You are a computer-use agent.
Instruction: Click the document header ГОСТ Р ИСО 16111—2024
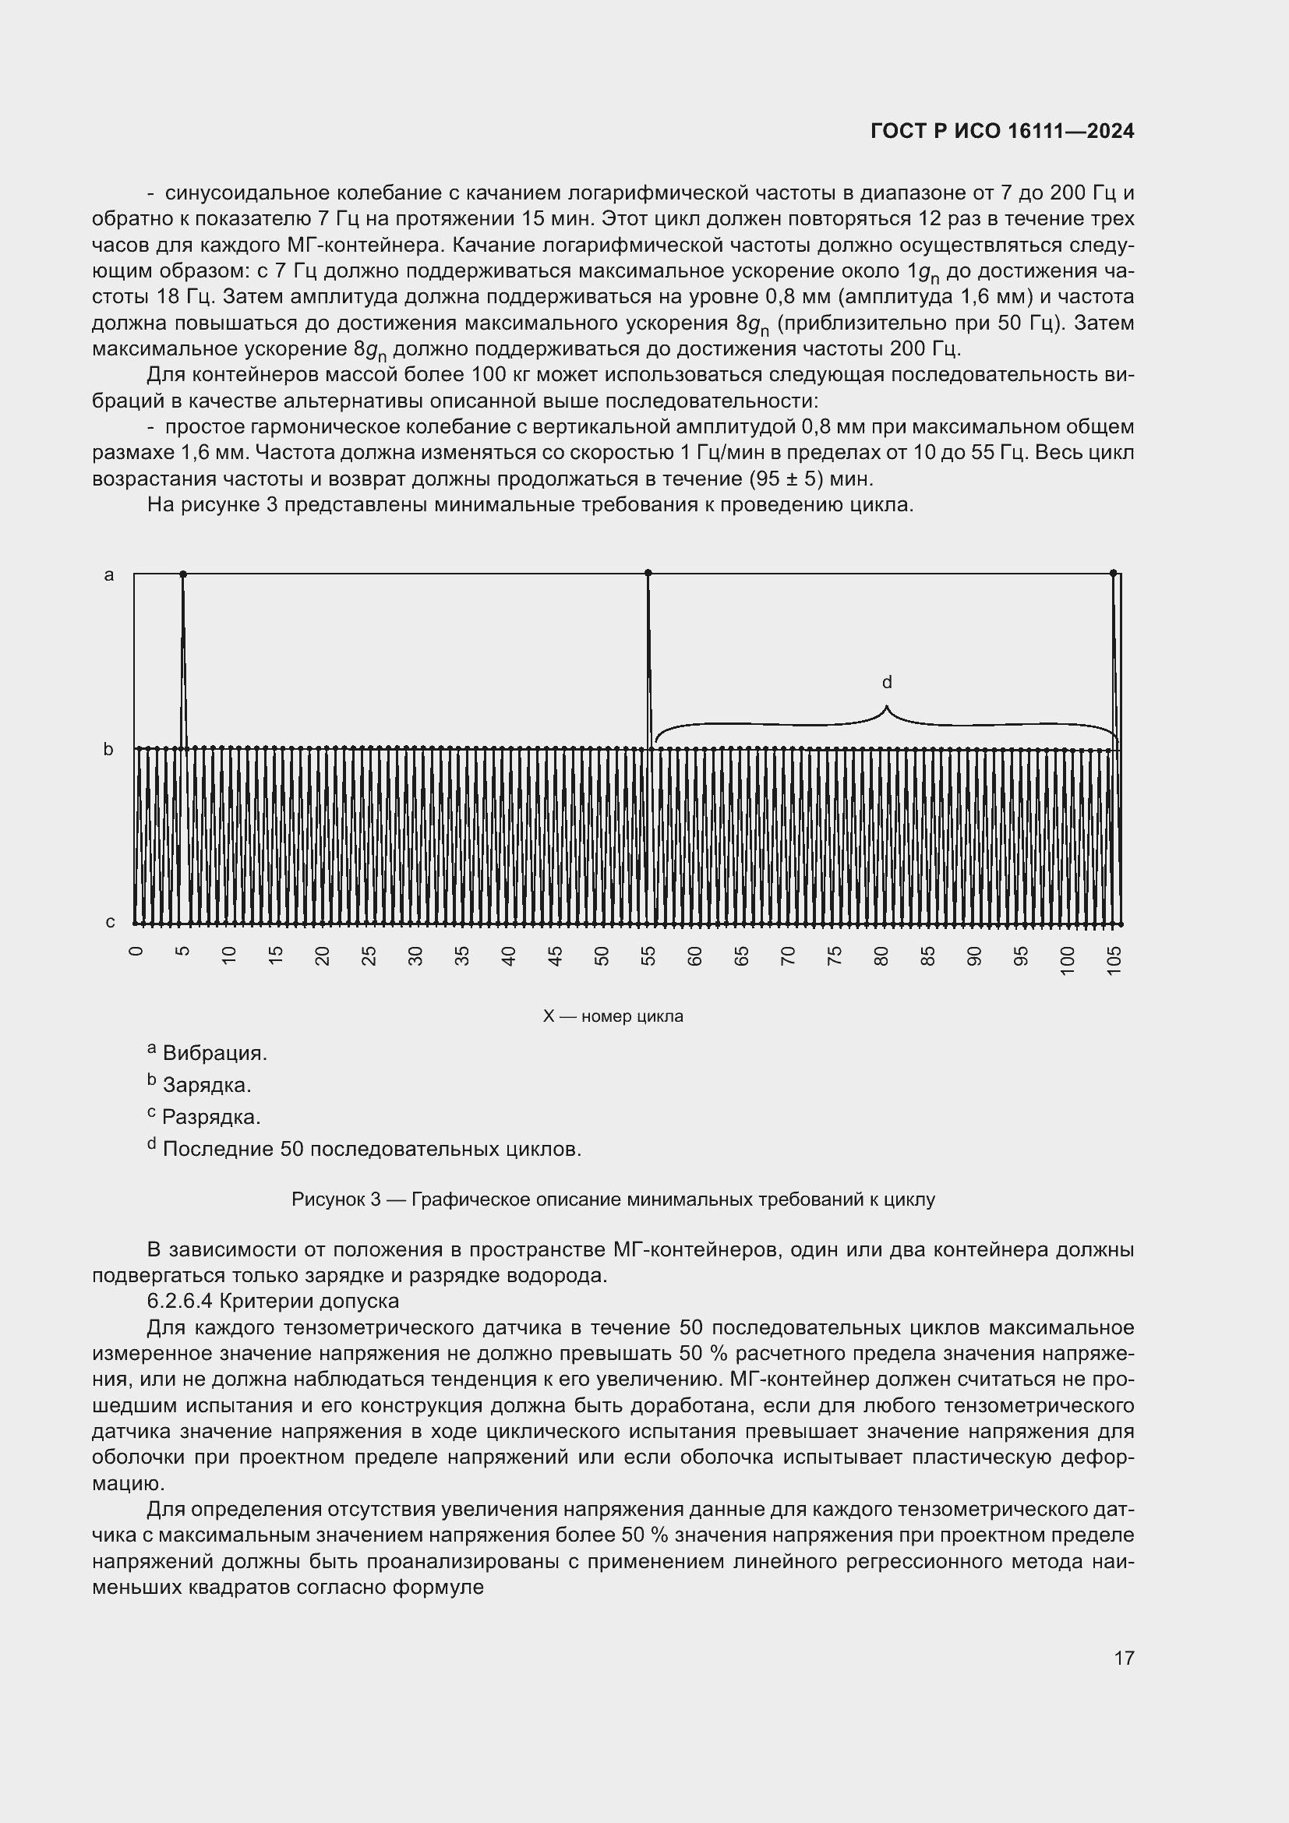click(x=1001, y=131)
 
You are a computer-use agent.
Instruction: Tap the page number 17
click(x=1124, y=1658)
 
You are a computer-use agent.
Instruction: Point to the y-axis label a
click(x=110, y=575)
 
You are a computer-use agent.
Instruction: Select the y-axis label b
click(x=109, y=750)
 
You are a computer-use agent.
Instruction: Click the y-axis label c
click(x=111, y=922)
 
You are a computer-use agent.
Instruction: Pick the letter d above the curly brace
click(x=888, y=682)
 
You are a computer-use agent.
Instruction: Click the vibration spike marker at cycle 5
click(x=182, y=574)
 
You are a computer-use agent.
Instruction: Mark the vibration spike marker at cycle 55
click(x=648, y=573)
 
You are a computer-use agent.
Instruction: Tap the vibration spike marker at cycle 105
click(x=1113, y=573)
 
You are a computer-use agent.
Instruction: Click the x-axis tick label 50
click(x=602, y=956)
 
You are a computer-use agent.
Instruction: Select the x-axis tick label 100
click(x=1068, y=959)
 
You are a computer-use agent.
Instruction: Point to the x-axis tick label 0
click(x=136, y=952)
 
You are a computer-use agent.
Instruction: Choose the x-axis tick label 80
click(x=881, y=956)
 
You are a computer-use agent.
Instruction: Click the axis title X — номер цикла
click(x=613, y=1016)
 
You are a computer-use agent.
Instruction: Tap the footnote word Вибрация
click(x=214, y=1054)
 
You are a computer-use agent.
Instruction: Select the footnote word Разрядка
click(x=211, y=1117)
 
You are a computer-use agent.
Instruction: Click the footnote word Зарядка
click(x=207, y=1086)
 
